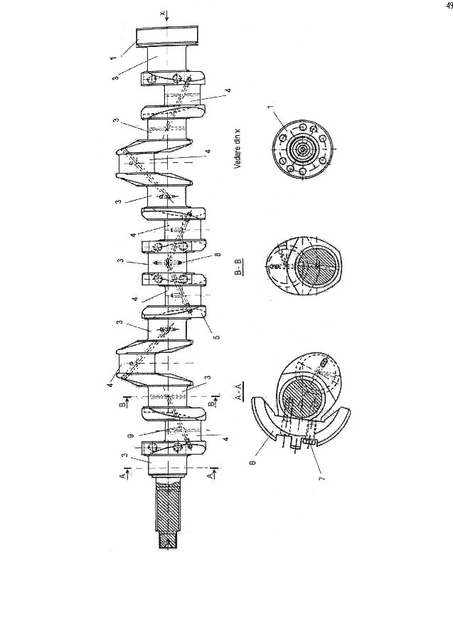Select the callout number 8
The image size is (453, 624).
coord(218,254)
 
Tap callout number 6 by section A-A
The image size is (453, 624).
coord(253,462)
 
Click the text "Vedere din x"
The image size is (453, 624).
coord(238,151)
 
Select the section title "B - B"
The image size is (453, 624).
coord(238,267)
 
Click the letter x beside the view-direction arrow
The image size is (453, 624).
coord(163,13)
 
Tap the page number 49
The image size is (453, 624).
coord(449,5)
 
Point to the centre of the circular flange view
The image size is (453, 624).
coord(303,149)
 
